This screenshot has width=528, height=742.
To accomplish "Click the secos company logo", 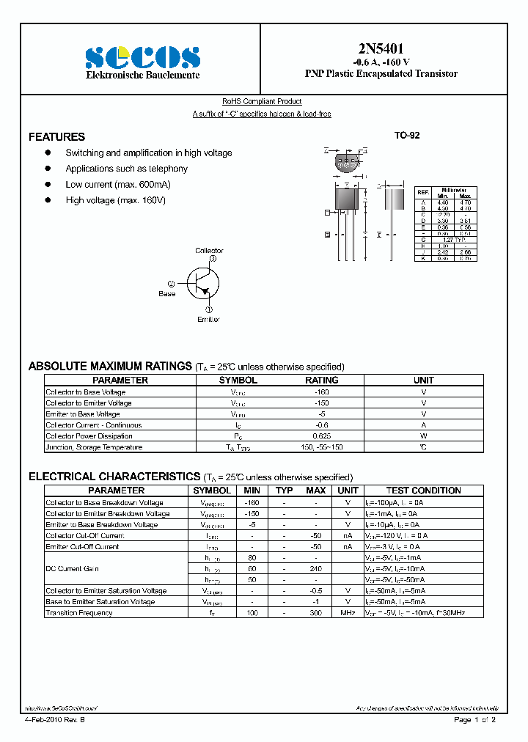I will click(142, 56).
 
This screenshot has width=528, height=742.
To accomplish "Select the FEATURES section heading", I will click(56, 137).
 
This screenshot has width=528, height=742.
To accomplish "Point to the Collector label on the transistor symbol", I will click(209, 251).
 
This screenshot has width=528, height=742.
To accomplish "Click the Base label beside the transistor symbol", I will click(167, 294).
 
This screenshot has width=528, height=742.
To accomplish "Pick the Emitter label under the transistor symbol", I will click(208, 320).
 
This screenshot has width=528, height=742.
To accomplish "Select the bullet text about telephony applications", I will click(126, 169).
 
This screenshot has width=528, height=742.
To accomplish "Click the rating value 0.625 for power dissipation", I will click(321, 436).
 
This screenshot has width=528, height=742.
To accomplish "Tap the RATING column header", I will click(321, 381).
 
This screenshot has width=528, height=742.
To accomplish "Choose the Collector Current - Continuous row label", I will click(93, 425).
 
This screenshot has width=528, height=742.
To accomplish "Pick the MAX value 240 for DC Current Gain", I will click(316, 569).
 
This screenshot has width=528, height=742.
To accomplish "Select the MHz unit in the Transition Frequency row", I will click(348, 613).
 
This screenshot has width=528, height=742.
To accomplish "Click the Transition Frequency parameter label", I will click(79, 613).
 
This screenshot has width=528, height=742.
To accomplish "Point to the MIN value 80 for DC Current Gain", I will click(252, 558).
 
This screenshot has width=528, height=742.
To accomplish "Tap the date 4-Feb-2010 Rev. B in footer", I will click(55, 720).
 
